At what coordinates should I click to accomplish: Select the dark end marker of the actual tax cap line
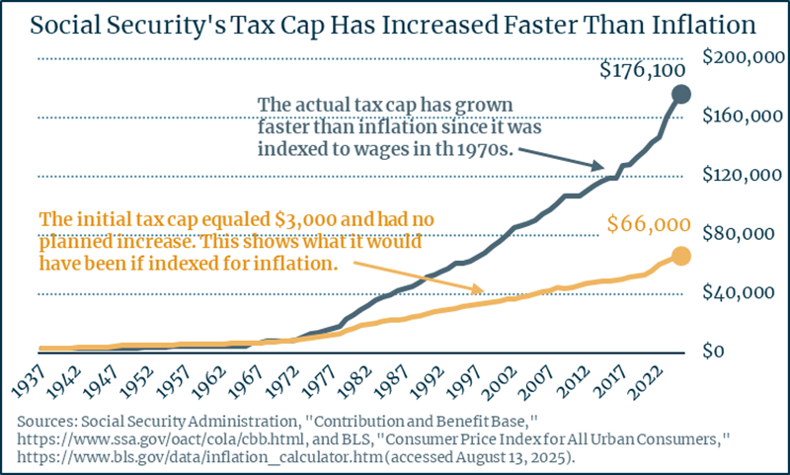click(681, 94)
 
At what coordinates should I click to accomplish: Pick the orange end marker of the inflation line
click(681, 257)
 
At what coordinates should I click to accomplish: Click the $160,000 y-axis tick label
click(743, 117)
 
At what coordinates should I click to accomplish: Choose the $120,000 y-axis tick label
click(743, 176)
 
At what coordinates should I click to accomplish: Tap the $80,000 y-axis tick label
click(745, 235)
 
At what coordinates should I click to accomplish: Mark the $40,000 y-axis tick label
click(745, 293)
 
